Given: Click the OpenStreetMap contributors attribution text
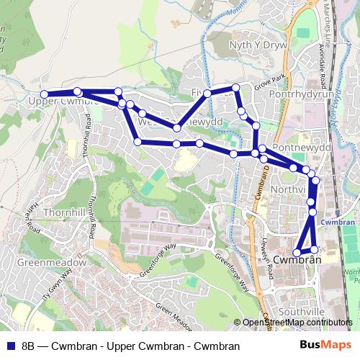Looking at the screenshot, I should pyautogui.click(x=297, y=323).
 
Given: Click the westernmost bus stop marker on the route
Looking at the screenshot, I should pyautogui.click(x=44, y=94).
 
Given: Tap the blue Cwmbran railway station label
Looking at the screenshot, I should pyautogui.click(x=338, y=222).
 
